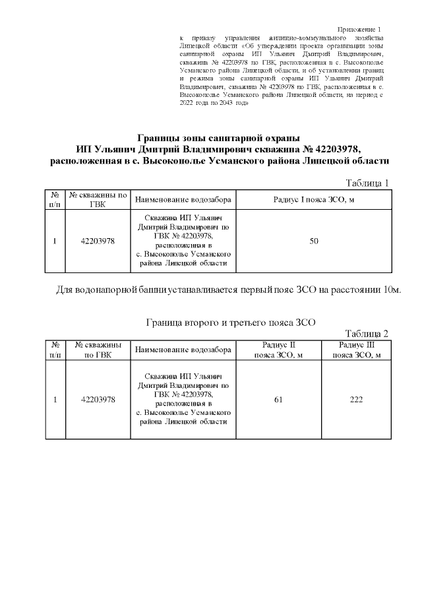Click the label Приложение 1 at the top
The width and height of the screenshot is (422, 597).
(x=359, y=30)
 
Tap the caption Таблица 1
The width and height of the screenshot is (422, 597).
(x=367, y=183)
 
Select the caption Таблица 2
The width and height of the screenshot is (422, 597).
(x=367, y=333)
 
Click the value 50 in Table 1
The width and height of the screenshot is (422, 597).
(x=314, y=241)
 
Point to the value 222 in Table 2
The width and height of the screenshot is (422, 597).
(x=357, y=399)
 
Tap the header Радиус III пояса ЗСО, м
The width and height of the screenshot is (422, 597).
(x=357, y=350)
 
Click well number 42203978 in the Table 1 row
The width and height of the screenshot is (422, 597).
(x=98, y=241)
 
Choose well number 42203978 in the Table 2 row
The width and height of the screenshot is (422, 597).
(x=98, y=399)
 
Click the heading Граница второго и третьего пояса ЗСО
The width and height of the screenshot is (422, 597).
(x=230, y=323)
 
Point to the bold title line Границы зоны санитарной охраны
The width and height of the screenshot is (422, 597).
(x=218, y=139)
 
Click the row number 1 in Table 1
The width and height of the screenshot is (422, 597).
(x=55, y=241)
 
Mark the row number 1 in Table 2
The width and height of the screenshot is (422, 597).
(x=55, y=399)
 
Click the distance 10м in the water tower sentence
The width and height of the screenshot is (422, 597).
(x=392, y=290)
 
